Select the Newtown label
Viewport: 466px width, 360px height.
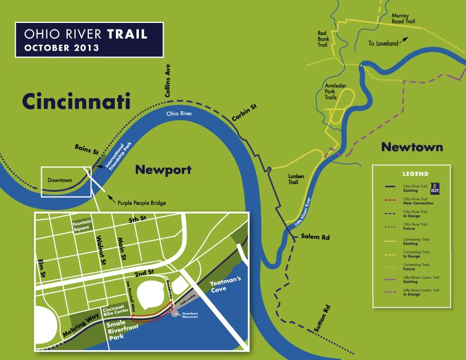(x=411, y=146)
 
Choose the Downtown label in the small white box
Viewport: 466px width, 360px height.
(x=59, y=179)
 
